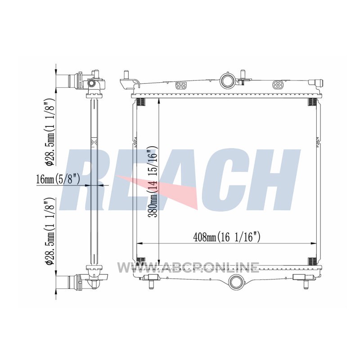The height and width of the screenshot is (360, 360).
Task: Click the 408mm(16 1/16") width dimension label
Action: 227,237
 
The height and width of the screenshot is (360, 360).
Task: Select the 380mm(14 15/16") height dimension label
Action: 153,182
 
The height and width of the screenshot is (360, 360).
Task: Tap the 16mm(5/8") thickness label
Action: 58,179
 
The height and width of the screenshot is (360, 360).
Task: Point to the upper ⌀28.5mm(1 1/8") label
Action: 50,132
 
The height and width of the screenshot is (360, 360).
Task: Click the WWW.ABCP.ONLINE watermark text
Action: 188,268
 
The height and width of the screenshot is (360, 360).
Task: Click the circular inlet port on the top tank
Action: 228,80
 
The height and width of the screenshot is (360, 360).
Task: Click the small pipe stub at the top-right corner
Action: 316,82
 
